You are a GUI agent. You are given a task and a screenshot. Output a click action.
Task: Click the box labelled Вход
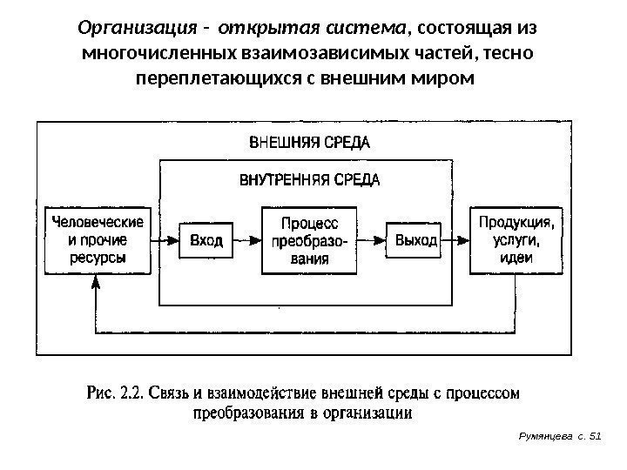[206, 239]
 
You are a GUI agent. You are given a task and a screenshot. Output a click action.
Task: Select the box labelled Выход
[416, 239]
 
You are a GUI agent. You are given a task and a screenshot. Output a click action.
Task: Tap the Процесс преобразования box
[311, 239]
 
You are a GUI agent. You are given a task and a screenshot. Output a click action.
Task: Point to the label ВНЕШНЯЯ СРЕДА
[310, 142]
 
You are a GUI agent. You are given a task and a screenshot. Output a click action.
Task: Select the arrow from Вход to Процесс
[248, 239]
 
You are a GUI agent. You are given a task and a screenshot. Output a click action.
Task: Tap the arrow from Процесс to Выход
[374, 239]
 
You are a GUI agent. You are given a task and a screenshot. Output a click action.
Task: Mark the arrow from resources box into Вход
[164, 239]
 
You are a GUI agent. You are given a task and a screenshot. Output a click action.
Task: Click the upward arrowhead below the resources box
[96, 283]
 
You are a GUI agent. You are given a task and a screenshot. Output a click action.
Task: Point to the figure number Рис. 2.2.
[117, 393]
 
